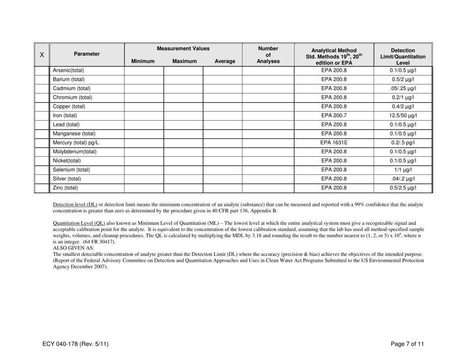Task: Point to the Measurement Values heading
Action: (x=183, y=49)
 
